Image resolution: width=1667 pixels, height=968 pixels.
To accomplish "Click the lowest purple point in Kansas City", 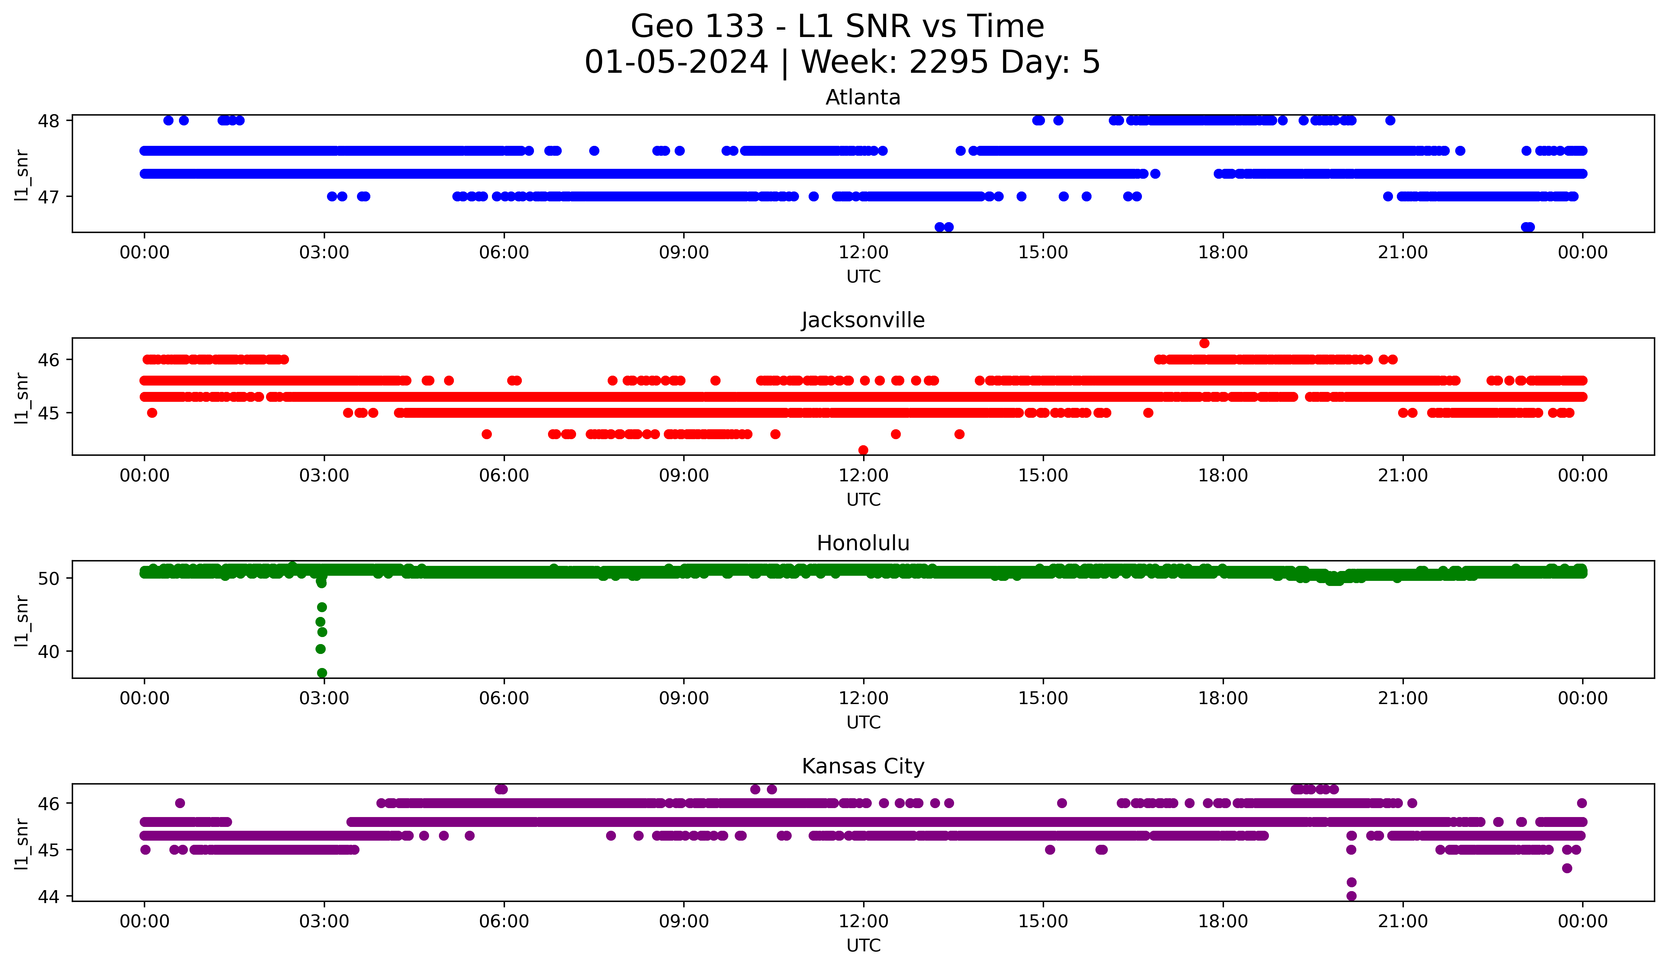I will point(1352,896).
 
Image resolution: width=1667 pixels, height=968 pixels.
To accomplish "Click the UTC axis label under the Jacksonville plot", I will point(863,499).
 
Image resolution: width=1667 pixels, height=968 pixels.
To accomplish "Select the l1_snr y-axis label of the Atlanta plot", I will point(22,175).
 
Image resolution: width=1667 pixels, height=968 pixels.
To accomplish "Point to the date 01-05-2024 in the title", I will point(676,62).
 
